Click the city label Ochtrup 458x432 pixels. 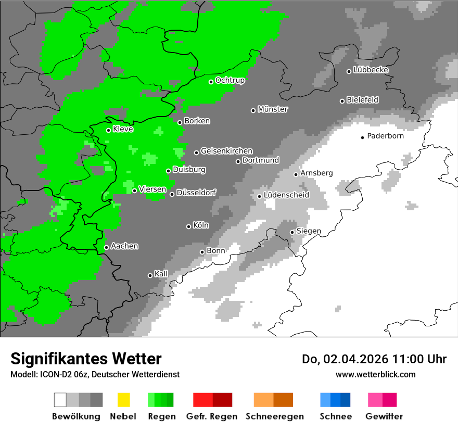pos(230,81)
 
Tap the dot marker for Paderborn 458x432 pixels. pos(362,137)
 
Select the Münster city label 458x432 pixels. pos(272,109)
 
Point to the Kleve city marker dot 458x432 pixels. pos(108,130)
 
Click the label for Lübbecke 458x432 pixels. pos(371,70)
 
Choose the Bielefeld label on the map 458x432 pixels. pos(362,100)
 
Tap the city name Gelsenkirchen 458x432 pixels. pos(226,151)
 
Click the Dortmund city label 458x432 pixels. pos(260,160)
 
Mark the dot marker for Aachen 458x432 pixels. pos(106,247)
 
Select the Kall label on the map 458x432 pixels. pos(161,274)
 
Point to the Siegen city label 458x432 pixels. pos(309,231)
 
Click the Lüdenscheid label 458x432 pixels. pos(286,195)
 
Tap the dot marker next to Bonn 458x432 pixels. pos(202,252)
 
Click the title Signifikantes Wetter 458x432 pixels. pos(86,359)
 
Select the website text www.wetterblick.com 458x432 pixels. pos(375,374)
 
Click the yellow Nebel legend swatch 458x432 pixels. pos(123,400)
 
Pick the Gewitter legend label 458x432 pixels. pos(384,416)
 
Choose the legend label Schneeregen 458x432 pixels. pos(274,416)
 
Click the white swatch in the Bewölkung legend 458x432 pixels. pos(60,400)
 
